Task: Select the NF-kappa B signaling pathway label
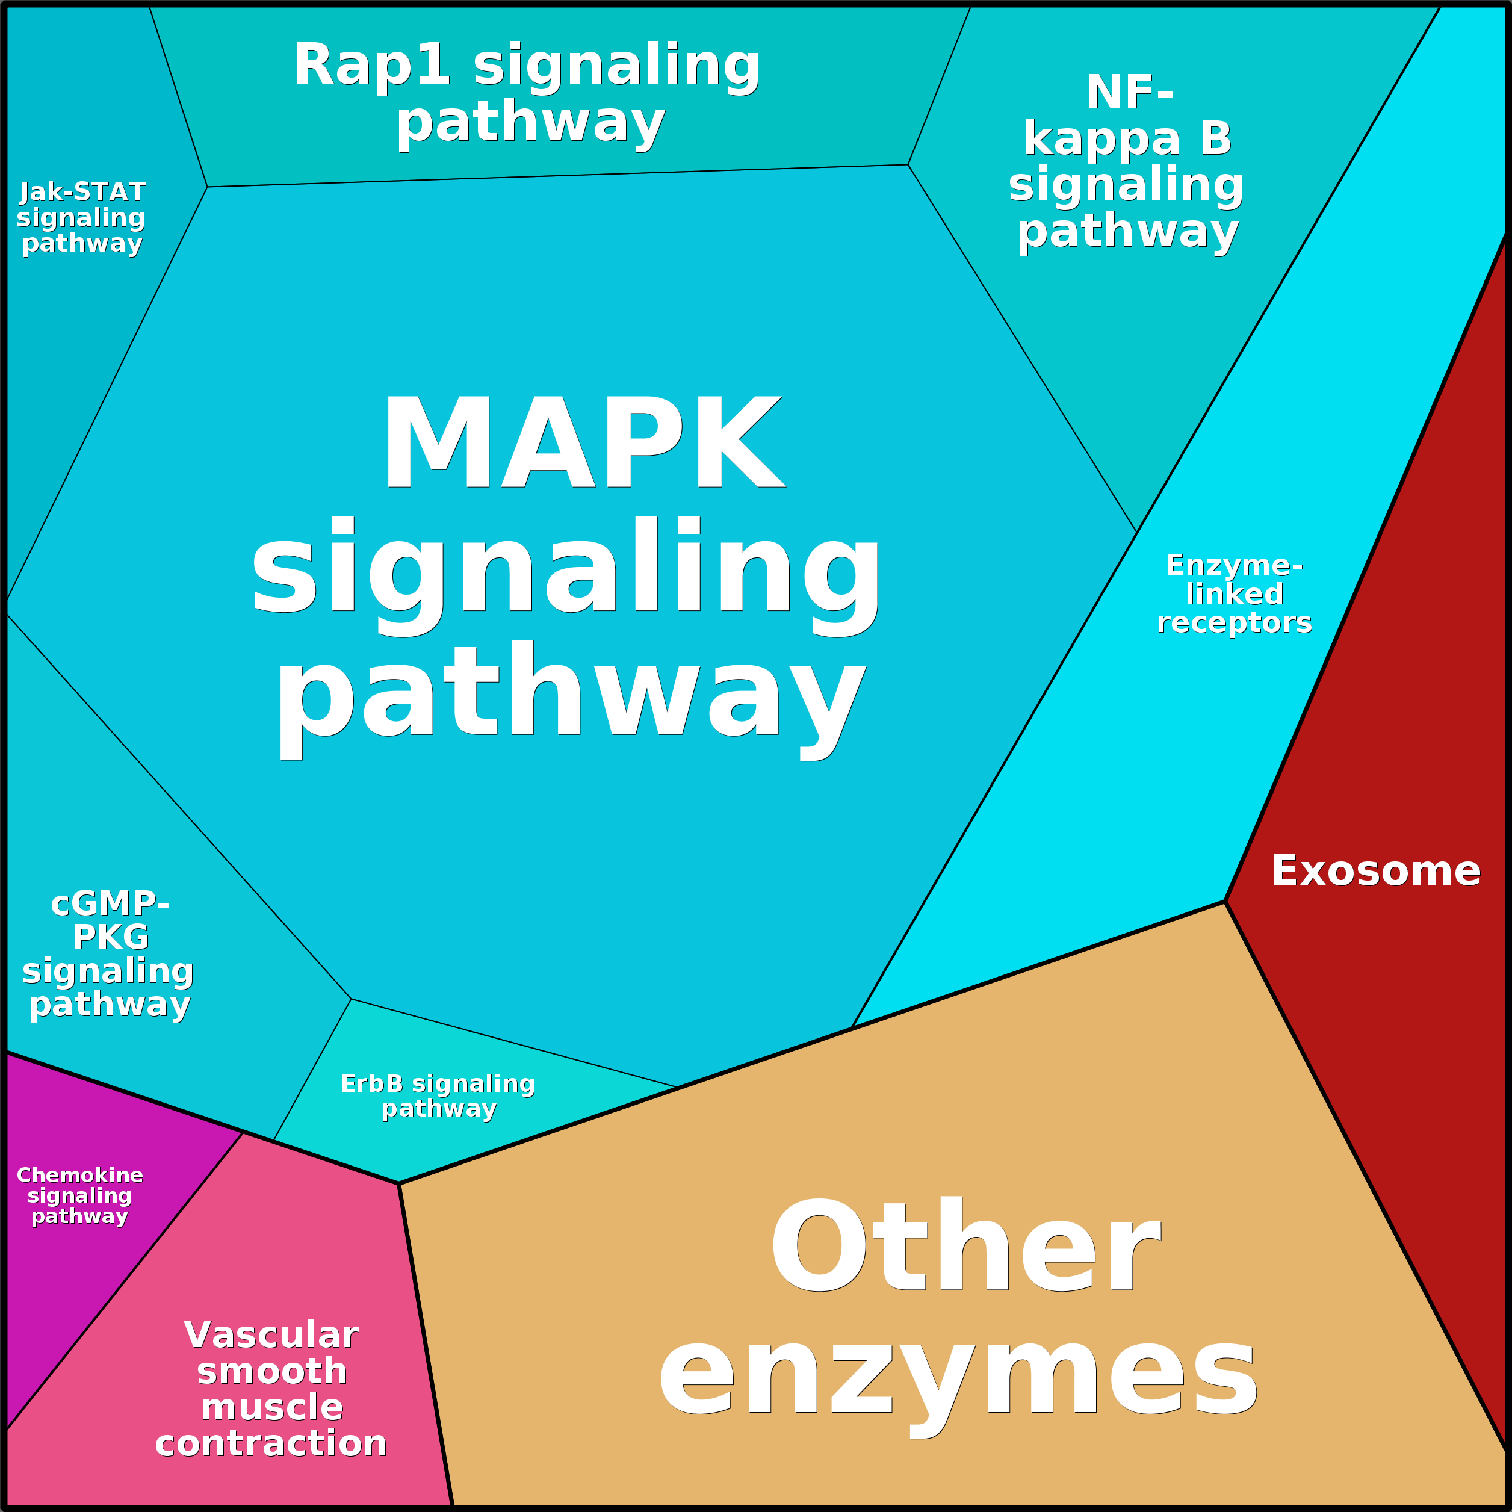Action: click(1127, 162)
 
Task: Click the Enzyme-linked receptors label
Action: click(1233, 594)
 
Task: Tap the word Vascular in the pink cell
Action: click(271, 1335)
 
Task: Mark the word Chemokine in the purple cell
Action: click(80, 1176)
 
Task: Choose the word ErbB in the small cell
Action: click(372, 1084)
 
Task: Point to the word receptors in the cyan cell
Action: click(1234, 623)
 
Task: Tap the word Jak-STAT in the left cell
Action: click(83, 192)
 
